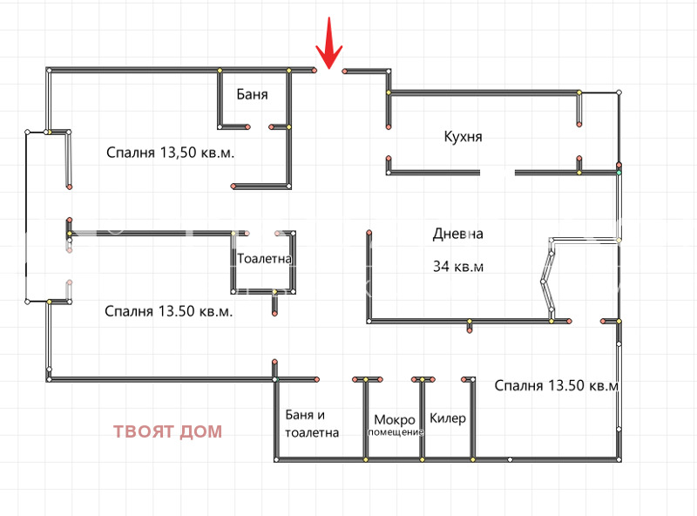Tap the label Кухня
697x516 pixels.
(x=463, y=137)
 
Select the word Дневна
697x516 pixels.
(x=457, y=234)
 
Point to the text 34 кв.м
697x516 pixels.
(x=457, y=267)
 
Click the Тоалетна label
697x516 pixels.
(x=264, y=259)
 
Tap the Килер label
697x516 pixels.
(x=448, y=418)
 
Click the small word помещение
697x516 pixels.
(x=395, y=432)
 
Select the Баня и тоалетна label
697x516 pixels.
(x=311, y=424)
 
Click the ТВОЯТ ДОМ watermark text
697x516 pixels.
(x=167, y=431)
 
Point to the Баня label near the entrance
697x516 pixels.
(x=252, y=94)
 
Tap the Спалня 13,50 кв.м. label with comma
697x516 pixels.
(x=172, y=153)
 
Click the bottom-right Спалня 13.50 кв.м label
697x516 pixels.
(x=557, y=385)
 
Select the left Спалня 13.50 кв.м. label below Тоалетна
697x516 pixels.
(x=168, y=311)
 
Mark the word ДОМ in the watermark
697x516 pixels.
(x=203, y=431)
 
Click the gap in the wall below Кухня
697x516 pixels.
(x=497, y=173)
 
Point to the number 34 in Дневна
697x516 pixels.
(x=442, y=267)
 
